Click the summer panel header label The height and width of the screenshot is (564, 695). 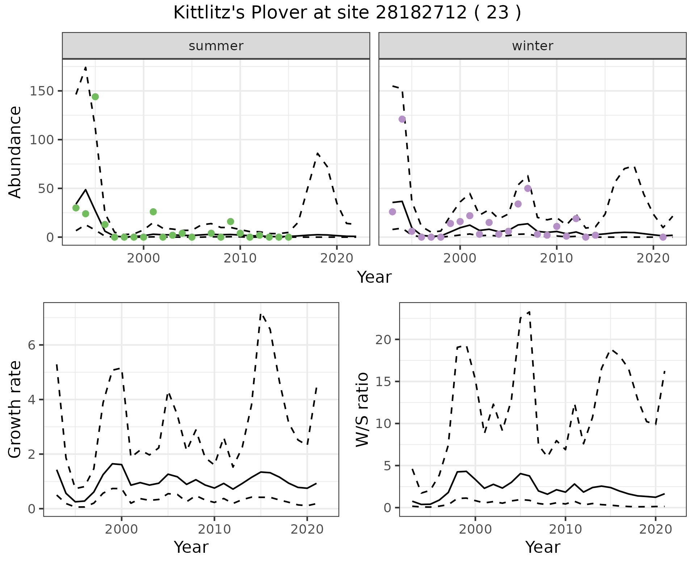pos(216,46)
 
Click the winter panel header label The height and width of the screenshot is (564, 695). pos(532,46)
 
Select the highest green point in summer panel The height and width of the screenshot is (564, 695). pos(95,97)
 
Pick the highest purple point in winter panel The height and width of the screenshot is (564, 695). pos(402,119)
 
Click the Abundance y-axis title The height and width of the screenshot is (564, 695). pos(15,152)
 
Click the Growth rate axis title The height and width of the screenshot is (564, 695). pos(15,410)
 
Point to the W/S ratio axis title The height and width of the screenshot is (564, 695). pos(362,410)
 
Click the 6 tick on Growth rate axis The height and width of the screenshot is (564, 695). pos(31,345)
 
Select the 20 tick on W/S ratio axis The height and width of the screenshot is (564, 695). pos(383,339)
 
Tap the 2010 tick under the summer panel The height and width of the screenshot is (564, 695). pos(240,258)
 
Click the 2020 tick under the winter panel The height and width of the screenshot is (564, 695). pos(653,258)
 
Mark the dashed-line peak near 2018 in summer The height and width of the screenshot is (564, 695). pos(317,153)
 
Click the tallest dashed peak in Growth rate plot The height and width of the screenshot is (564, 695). pos(261,314)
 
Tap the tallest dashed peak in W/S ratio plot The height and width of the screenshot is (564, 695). pos(529,312)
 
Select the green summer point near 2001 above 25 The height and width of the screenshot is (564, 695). pos(153,212)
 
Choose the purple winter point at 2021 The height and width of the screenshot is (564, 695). pos(663,237)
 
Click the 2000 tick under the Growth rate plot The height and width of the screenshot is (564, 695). pos(122,530)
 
